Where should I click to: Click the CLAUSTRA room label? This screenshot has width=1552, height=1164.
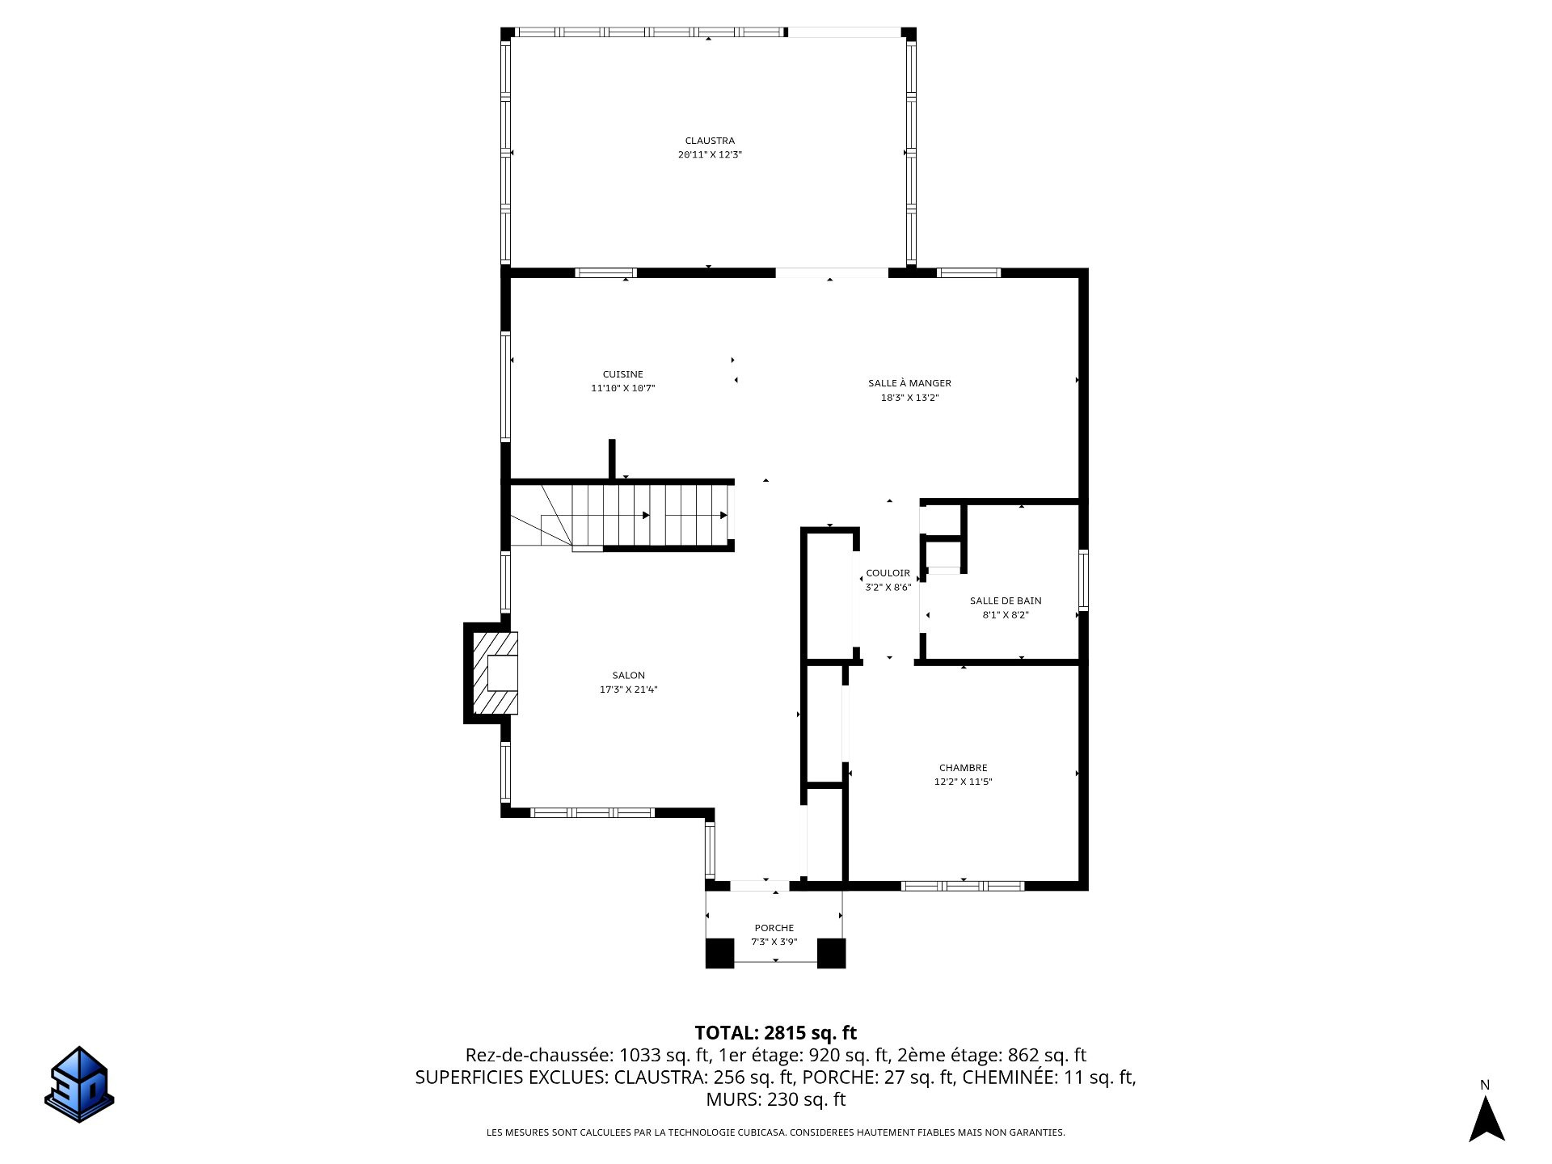pos(710,141)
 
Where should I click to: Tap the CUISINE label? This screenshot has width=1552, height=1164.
pos(623,374)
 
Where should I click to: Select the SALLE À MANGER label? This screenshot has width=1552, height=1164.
pos(909,383)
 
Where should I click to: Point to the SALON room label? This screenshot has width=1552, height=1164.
pos(629,675)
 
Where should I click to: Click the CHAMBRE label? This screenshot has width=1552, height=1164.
pos(964,768)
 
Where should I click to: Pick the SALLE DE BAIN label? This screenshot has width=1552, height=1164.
pos(1006,601)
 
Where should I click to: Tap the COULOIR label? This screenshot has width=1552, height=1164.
pos(888,573)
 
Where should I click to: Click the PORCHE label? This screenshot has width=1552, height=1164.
pos(774,928)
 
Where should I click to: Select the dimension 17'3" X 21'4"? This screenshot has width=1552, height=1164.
pos(629,690)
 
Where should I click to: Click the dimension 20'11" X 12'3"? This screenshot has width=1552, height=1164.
pos(710,154)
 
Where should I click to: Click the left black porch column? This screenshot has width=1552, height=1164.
pos(719,953)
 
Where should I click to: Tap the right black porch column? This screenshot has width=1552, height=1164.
pos(831,953)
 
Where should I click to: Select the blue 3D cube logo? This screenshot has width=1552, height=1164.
pos(79,1085)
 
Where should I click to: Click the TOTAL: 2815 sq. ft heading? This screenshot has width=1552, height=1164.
pos(776,1033)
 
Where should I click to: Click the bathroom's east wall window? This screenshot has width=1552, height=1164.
pos(1083,579)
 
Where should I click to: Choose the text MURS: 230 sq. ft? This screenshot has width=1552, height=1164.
pos(776,1099)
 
